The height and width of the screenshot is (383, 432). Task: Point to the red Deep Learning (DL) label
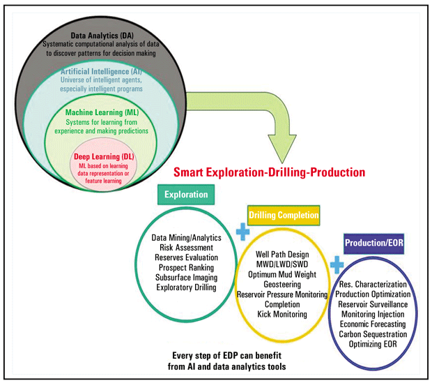(104, 158)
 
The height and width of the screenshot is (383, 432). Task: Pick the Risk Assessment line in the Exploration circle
(186, 247)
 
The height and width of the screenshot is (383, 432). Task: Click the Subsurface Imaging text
(186, 276)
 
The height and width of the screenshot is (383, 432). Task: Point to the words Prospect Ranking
(186, 266)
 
